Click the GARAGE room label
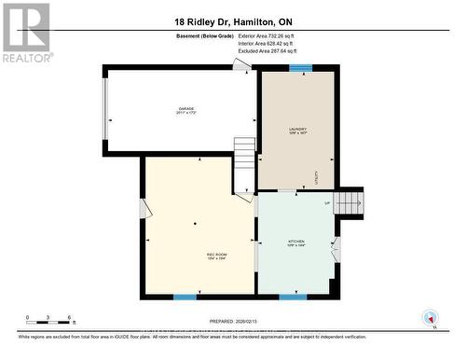(x=185, y=111)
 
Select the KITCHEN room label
(x=295, y=243)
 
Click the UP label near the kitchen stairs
(x=327, y=202)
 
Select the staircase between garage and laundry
(x=244, y=162)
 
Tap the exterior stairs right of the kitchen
(x=349, y=201)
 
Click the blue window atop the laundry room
(x=300, y=67)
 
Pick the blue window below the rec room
(x=185, y=298)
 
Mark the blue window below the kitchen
(x=293, y=298)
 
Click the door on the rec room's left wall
(x=143, y=207)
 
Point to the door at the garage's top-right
(x=242, y=64)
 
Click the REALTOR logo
(x=26, y=32)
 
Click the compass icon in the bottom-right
(x=430, y=317)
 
